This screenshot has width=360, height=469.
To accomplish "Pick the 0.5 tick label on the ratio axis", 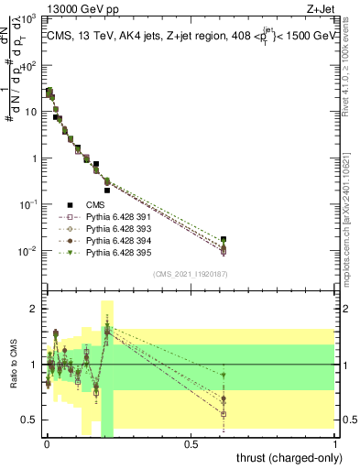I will pyautogui.click(x=30, y=420).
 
